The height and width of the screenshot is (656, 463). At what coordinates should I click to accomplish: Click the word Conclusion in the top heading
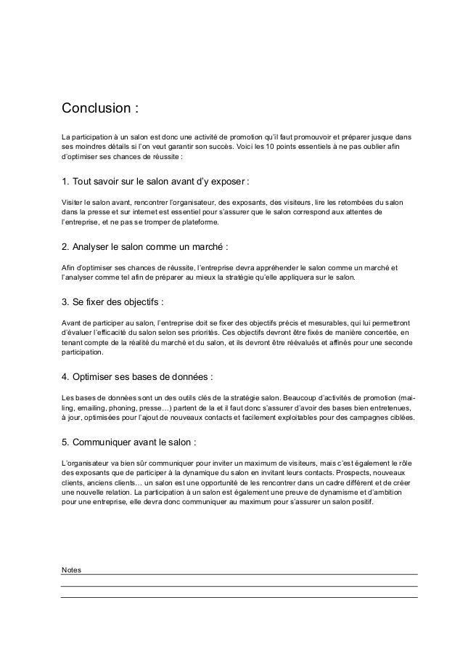94,110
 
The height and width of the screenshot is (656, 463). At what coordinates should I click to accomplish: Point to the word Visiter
73,201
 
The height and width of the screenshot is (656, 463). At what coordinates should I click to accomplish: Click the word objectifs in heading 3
136,301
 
